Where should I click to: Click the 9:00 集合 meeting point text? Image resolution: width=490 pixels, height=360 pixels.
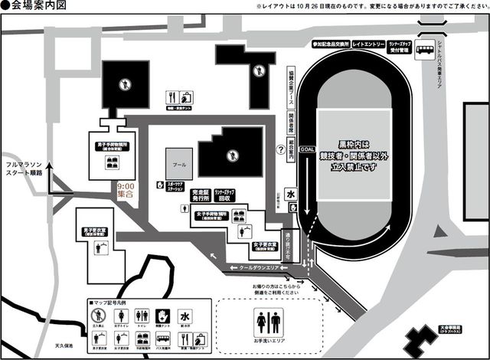click(125, 191)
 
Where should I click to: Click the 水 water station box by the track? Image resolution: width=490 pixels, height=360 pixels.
click(291, 195)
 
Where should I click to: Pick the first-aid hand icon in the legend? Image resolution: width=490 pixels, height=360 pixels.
click(162, 315)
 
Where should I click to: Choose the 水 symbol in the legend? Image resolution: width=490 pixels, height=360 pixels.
click(185, 315)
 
